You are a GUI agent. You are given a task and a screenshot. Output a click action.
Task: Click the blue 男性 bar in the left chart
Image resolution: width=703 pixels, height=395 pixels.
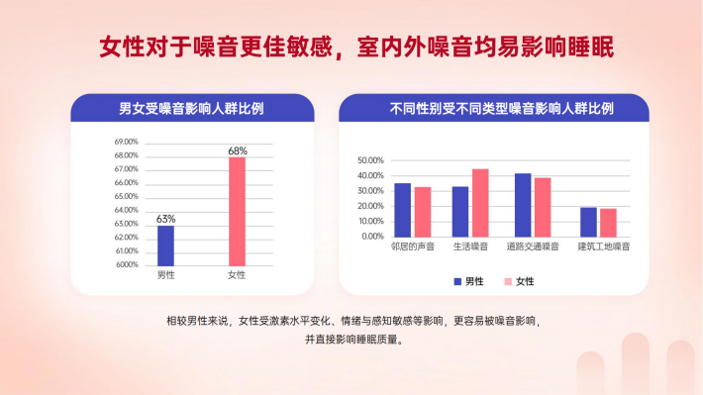pyautogui.click(x=165, y=246)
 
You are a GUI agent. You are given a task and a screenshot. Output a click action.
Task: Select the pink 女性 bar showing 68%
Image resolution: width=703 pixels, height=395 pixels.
pyautogui.click(x=238, y=212)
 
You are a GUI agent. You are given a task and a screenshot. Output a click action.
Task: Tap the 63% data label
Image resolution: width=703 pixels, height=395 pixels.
pyautogui.click(x=166, y=219)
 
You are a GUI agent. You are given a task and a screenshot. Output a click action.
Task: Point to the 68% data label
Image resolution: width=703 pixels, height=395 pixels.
pyautogui.click(x=238, y=150)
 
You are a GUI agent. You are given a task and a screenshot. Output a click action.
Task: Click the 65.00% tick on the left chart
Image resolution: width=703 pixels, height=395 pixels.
pyautogui.click(x=127, y=196)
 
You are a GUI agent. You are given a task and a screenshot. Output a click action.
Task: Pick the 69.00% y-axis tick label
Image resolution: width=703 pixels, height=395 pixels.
pyautogui.click(x=127, y=142)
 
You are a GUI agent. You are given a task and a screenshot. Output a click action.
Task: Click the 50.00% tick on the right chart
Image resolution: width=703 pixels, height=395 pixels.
pyautogui.click(x=370, y=160)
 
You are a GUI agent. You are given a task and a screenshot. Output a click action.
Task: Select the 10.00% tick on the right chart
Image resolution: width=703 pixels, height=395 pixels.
pyautogui.click(x=370, y=221)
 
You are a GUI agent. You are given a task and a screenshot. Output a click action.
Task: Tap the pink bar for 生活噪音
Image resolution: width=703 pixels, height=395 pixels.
pyautogui.click(x=480, y=203)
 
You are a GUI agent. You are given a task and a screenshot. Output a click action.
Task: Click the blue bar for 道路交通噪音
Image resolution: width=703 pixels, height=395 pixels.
pyautogui.click(x=523, y=205)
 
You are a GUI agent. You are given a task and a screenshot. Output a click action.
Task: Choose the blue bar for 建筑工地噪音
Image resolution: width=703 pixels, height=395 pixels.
pyautogui.click(x=589, y=223)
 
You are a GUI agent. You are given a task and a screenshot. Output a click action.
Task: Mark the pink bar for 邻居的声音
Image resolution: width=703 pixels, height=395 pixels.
pyautogui.click(x=423, y=212)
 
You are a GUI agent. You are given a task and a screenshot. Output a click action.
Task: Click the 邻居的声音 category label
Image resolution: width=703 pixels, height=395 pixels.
pyautogui.click(x=413, y=247)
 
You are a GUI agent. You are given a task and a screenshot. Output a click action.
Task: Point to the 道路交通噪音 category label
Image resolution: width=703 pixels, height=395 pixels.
pyautogui.click(x=533, y=247)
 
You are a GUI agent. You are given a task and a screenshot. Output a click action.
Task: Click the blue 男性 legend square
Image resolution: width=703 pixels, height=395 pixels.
pyautogui.click(x=457, y=281)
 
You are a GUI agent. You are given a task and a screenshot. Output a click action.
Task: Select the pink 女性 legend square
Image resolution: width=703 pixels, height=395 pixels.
pyautogui.click(x=508, y=281)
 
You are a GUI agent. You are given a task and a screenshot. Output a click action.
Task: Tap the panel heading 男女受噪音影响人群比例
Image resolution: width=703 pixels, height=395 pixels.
pyautogui.click(x=191, y=109)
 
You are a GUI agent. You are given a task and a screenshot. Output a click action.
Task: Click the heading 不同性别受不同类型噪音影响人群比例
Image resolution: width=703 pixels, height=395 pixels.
pyautogui.click(x=501, y=109)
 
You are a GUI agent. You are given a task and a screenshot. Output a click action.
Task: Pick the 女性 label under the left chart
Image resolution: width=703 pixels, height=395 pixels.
pyautogui.click(x=237, y=275)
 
